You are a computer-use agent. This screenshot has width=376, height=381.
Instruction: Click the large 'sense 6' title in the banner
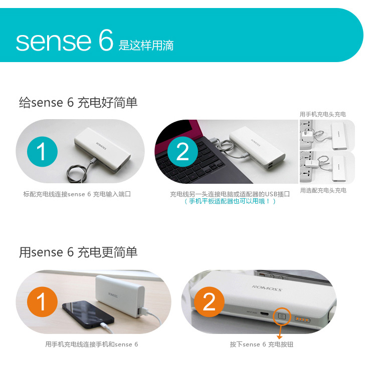click(65, 40)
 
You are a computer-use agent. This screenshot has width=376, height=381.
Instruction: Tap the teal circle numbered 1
click(42, 152)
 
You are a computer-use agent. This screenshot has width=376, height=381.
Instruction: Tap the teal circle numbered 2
click(182, 152)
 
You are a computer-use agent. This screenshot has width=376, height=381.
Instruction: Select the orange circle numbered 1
click(42, 302)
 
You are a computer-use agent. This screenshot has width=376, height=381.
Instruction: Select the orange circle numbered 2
click(209, 302)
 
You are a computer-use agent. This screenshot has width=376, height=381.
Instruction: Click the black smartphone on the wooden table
click(88, 314)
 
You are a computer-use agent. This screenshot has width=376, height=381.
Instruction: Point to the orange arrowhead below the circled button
click(280, 337)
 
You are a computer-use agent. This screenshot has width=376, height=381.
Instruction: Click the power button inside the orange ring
click(282, 316)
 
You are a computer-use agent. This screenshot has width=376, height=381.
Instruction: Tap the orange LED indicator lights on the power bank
click(302, 319)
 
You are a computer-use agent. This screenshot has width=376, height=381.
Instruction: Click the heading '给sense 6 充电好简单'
click(78, 102)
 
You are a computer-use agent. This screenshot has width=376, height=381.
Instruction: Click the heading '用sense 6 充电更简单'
click(78, 252)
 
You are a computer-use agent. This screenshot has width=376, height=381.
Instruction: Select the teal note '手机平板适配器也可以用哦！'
click(230, 201)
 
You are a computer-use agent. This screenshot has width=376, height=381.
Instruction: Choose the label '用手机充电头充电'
click(323, 114)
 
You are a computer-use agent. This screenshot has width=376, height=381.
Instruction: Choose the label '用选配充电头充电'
click(323, 190)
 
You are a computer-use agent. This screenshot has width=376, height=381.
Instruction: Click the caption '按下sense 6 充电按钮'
click(262, 344)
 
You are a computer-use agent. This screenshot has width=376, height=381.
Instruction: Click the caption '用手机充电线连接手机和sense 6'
click(92, 344)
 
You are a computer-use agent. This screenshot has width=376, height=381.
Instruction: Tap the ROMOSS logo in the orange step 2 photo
click(267, 288)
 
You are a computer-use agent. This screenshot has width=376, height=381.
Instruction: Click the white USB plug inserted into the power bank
click(143, 311)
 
